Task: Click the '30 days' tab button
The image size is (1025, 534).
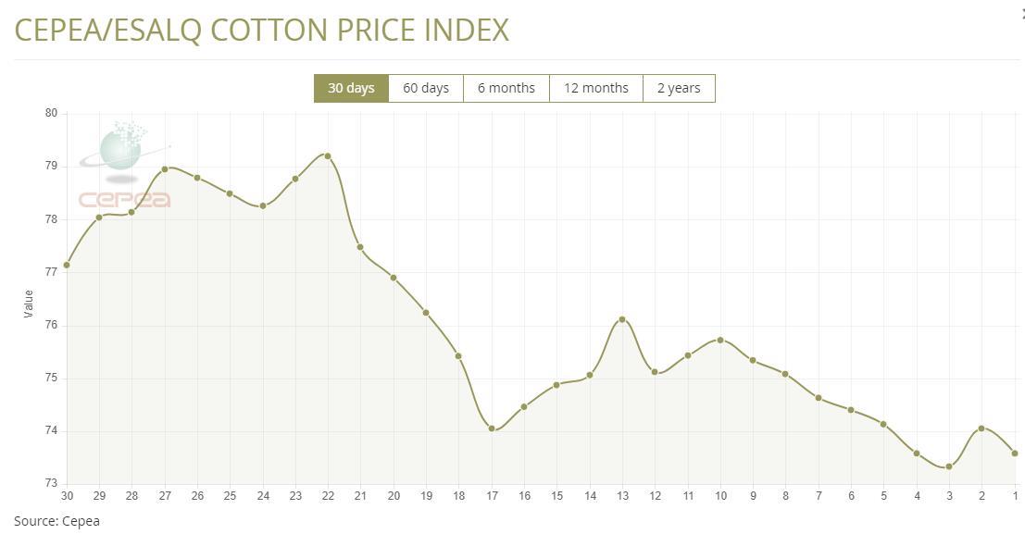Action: point(351,88)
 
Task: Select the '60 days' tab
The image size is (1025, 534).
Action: point(426,88)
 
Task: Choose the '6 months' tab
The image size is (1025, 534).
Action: point(506,88)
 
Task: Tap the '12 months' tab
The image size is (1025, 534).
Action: point(596,88)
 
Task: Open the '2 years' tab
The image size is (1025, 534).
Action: point(679,88)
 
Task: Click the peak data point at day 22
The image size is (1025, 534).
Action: point(328,156)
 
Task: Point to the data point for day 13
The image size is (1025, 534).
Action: point(622,319)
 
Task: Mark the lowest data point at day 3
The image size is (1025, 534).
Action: point(949,466)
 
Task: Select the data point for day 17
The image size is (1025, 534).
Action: point(492,428)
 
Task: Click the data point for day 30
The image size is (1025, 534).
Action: point(67,265)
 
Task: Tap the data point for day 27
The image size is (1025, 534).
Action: point(165,169)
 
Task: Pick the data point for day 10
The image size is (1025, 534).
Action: point(720,340)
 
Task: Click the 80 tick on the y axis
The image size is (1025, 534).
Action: point(51,113)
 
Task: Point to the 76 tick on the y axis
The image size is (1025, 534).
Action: point(51,325)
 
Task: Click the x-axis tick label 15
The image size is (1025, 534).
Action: point(556,496)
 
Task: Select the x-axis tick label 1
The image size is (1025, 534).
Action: point(1015,496)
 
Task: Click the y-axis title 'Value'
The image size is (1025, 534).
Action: point(28,304)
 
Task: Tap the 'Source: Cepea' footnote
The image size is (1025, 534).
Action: point(56,521)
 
